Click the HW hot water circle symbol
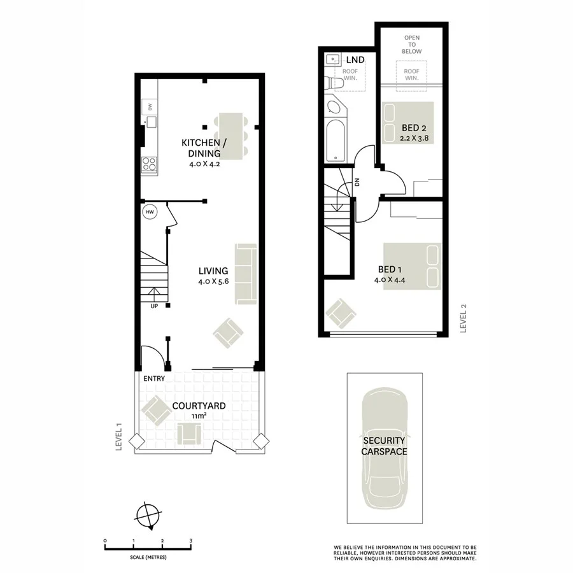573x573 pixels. (150, 212)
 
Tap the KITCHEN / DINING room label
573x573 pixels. (201, 148)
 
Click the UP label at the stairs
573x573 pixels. (154, 306)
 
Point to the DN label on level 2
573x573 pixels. (357, 182)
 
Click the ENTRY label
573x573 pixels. (155, 378)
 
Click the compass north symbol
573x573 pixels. (148, 514)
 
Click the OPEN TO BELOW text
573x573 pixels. (413, 45)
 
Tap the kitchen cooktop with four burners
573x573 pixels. (150, 165)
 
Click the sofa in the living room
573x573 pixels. (245, 272)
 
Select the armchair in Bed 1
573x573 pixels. (340, 313)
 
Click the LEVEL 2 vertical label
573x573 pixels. (463, 318)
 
